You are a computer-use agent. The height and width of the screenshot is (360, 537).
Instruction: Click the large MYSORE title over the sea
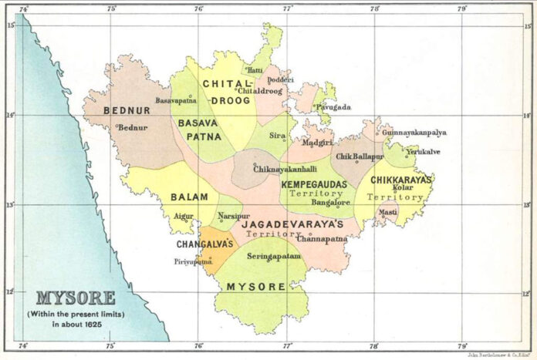coord(76,298)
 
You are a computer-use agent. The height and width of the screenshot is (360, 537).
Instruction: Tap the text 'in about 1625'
coord(76,325)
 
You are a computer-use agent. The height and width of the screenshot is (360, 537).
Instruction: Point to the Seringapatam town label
coord(274,256)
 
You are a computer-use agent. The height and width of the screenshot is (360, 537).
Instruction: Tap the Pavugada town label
coord(332,107)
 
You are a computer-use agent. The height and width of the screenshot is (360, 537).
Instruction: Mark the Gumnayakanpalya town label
coord(414,133)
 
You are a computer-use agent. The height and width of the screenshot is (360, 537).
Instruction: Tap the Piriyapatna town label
coord(193,261)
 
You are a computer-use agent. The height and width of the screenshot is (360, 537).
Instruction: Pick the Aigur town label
coord(184,217)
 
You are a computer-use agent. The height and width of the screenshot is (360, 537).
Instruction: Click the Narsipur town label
coord(235,217)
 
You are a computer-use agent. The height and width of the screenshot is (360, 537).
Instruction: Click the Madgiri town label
coord(316,143)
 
